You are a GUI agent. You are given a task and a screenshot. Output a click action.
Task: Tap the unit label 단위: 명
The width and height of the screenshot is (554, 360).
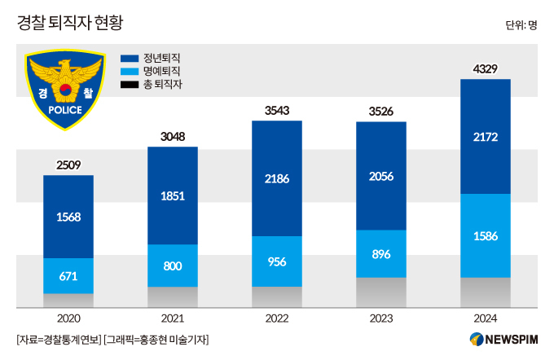pos(521,24)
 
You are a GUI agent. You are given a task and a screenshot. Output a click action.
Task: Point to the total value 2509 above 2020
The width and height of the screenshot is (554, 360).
pos(68,165)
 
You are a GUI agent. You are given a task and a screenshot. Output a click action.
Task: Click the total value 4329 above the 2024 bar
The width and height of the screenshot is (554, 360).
pos(485,68)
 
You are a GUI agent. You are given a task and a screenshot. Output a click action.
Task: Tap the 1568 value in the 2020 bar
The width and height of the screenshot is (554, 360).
pos(68,217)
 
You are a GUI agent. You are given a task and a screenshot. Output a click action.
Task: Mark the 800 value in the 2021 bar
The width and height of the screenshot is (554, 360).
pos(173,265)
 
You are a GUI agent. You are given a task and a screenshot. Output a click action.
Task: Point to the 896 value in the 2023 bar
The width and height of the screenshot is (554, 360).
pos(381,253)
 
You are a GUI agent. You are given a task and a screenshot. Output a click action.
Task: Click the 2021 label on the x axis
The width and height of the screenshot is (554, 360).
pos(173,318)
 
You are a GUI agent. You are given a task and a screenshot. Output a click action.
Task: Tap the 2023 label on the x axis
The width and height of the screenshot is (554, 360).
pos(381,318)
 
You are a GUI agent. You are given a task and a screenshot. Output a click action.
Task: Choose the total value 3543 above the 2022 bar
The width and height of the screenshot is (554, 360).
pos(277,110)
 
